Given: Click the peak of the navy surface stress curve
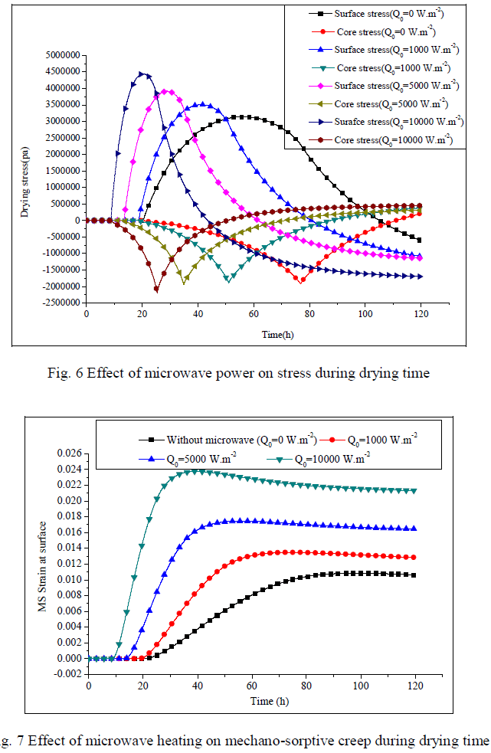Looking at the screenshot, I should pos(142,74).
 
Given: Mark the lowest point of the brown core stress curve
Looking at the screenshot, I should pos(156,290).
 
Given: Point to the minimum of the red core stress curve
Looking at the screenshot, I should pos(302,280).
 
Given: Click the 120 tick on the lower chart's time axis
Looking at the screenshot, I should pos(415,683).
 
